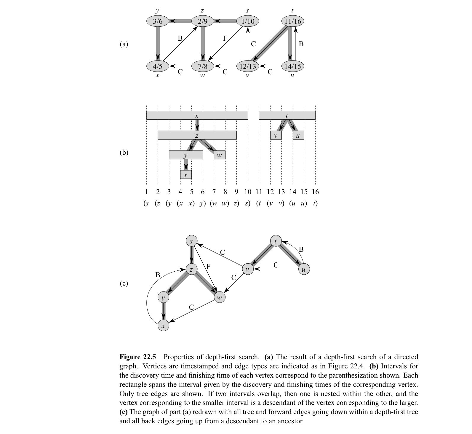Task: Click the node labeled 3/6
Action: point(158,21)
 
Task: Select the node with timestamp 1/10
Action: point(248,21)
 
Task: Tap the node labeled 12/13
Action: point(248,66)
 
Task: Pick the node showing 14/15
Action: point(293,66)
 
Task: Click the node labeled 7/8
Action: point(203,66)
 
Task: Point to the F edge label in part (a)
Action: point(225,38)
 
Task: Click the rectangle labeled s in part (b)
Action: point(197,115)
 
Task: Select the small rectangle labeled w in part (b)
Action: point(220,155)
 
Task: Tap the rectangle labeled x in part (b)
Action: point(186,175)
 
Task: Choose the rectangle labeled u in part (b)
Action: point(298,135)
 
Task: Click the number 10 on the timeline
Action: point(248,192)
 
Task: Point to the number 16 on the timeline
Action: point(315,192)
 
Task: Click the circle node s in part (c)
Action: point(191,241)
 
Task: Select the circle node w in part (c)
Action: point(219,297)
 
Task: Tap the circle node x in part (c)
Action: point(163,326)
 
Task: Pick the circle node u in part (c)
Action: point(303,269)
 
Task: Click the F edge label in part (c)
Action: point(208,266)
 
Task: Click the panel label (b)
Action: point(124,152)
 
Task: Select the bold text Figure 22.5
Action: point(138,357)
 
